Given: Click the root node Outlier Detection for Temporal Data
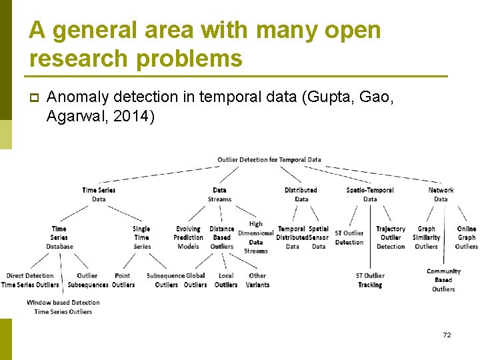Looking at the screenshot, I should pos(269,159).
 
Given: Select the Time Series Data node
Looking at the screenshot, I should pos(99,195).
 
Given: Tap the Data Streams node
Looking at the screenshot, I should pos(219,195).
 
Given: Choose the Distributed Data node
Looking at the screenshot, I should pos(301,195).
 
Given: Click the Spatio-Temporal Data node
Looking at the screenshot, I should pos(370,195).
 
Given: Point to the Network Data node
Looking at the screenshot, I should pos(441,195).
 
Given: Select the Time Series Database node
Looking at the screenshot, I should pos(59,237).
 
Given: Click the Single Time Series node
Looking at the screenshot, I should pos(142,237).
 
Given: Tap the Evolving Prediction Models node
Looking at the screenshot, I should pos(188,237).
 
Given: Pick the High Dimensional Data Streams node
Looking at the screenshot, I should pos(256,237).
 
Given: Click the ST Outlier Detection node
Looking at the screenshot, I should pos(349,238).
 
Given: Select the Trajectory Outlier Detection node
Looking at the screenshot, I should pos(391,237).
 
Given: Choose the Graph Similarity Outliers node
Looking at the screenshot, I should pos(427,237).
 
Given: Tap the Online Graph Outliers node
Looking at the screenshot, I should pos(467,237).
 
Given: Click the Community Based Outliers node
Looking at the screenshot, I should pos(443,280).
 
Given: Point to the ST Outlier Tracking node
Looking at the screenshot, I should pos(370,280).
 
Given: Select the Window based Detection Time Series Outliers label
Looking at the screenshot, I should pos(63,307).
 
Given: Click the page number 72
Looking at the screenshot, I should pos(447,335).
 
